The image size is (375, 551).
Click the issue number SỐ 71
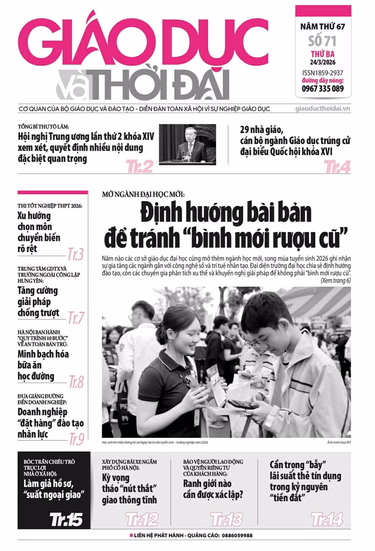(x=322, y=41)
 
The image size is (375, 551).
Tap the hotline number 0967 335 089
(x=323, y=88)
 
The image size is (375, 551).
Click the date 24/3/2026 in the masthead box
(x=323, y=63)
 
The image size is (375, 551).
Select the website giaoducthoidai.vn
(x=322, y=109)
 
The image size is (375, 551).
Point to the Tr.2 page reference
(x=139, y=167)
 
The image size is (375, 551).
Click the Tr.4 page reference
(x=337, y=167)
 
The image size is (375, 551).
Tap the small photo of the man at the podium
(x=187, y=143)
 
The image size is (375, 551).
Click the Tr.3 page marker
(x=75, y=254)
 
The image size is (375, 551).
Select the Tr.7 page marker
(x=76, y=318)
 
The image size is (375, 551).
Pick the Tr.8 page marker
(x=76, y=382)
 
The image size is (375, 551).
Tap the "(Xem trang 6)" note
(x=335, y=281)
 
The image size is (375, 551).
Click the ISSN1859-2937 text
(x=323, y=73)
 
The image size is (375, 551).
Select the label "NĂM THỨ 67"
(x=323, y=27)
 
